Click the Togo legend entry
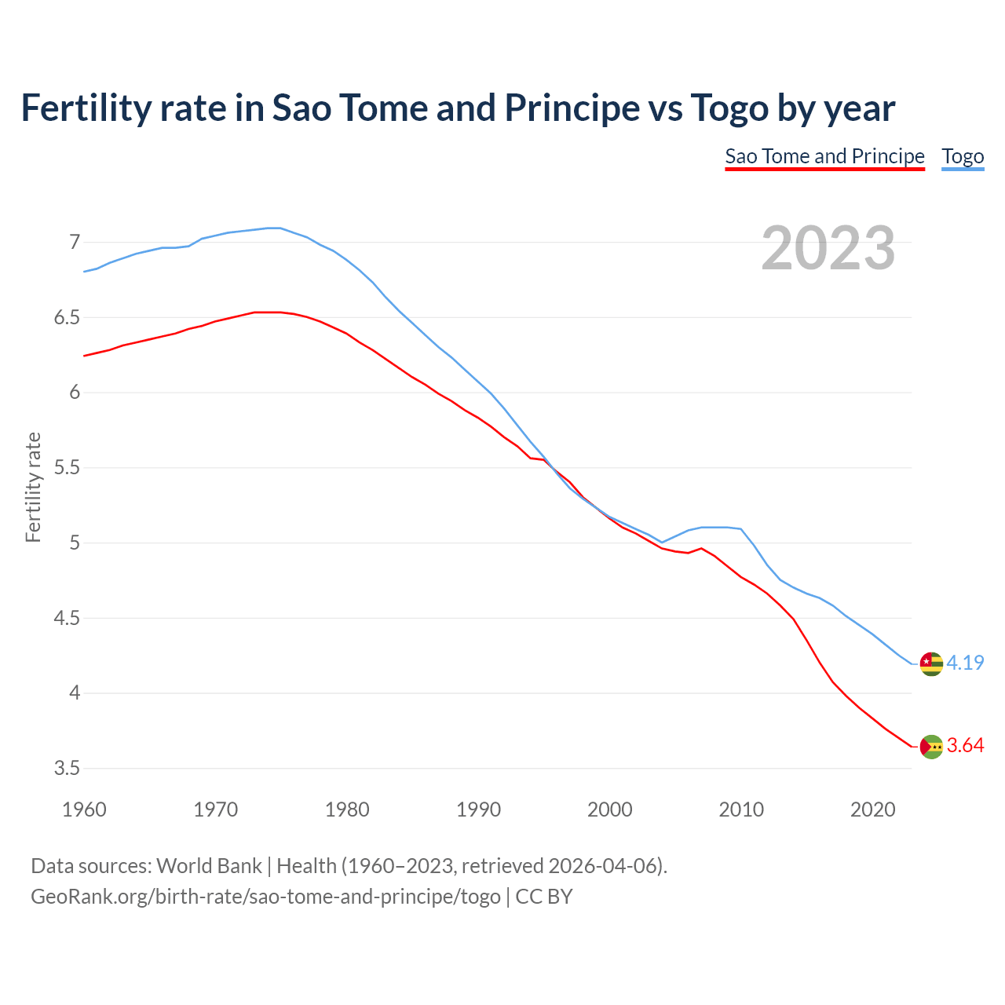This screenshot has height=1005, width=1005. [963, 156]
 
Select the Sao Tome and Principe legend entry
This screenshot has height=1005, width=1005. [824, 156]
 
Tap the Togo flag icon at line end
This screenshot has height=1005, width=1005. [931, 663]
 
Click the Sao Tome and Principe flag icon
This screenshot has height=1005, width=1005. [931, 747]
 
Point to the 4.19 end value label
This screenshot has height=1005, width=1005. [965, 663]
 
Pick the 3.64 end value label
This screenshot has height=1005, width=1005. [965, 745]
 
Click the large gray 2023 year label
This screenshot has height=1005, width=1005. [828, 248]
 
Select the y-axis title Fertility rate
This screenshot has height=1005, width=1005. [33, 487]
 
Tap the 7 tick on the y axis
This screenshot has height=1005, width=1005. [75, 242]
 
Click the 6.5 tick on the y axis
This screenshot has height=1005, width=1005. [68, 317]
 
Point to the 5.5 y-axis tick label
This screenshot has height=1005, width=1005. [68, 468]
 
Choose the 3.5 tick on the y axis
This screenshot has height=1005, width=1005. [68, 768]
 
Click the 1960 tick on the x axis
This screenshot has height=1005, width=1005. [84, 809]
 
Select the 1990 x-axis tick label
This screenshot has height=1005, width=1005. [478, 809]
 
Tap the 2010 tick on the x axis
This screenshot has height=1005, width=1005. [741, 809]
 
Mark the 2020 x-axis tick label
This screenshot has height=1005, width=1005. [872, 809]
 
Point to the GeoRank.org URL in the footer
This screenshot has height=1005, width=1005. [265, 896]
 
